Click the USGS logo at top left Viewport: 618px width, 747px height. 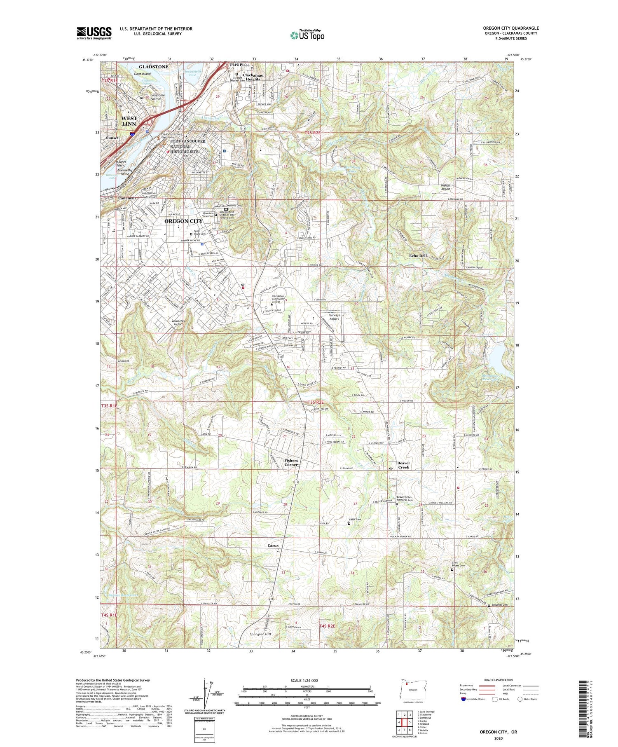click(94, 33)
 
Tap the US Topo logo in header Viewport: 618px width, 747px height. click(307, 35)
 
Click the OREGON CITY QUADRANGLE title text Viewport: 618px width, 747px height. click(511, 28)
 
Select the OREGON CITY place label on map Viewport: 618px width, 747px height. click(183, 221)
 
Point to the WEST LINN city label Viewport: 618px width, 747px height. click(129, 121)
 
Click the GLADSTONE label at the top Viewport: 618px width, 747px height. click(153, 67)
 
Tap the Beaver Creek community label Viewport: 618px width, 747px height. click(403, 465)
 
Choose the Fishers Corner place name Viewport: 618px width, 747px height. click(291, 462)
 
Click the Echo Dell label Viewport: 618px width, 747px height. click(418, 256)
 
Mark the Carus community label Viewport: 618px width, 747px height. click(273, 546)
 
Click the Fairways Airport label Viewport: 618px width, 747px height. click(334, 316)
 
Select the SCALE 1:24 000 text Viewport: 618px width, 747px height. click(304, 680)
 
